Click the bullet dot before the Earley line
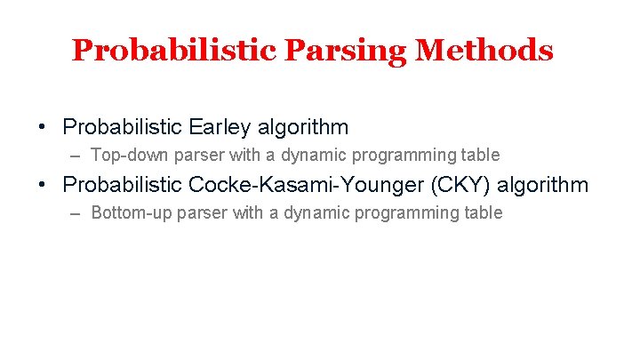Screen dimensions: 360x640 (x=43, y=127)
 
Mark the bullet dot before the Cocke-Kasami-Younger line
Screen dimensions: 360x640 (x=43, y=185)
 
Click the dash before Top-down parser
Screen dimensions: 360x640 (x=75, y=156)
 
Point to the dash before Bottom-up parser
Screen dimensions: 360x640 (x=75, y=213)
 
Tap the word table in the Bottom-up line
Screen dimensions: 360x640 (x=483, y=213)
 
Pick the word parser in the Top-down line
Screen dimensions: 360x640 (x=192, y=156)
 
